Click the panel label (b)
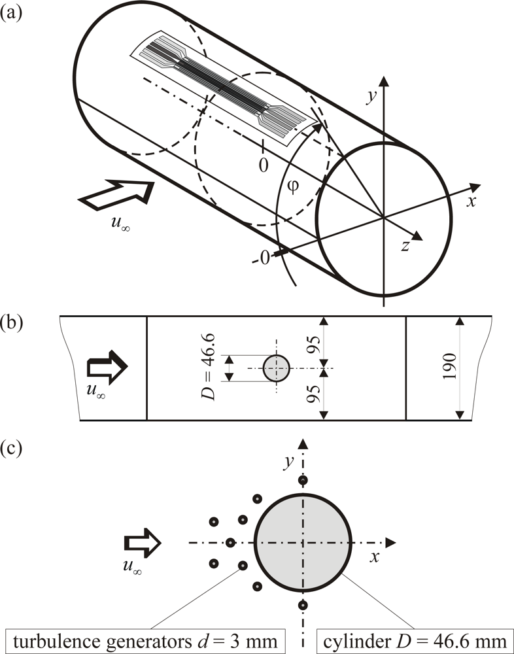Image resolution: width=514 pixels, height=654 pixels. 11,322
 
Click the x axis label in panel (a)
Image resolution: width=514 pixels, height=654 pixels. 470,201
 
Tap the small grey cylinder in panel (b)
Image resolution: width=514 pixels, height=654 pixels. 277,368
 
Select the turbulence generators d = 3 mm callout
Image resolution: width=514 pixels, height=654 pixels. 144,640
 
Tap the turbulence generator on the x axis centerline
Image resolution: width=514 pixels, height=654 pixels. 231,542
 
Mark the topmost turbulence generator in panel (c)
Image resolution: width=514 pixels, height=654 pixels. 302,481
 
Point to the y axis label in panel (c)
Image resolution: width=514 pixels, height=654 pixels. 287,462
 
